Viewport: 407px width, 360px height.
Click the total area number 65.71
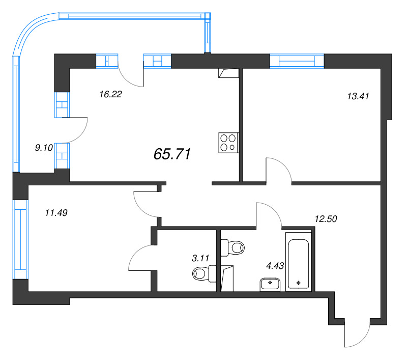[x=172, y=154]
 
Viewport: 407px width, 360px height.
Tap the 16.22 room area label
[x=110, y=94]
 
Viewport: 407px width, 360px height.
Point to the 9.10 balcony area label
[x=43, y=148]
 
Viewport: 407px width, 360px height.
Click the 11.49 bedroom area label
[x=56, y=213]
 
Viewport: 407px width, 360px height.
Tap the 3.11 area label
[x=201, y=258]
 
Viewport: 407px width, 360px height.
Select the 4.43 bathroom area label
[x=275, y=265]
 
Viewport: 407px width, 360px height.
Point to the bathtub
[x=298, y=262]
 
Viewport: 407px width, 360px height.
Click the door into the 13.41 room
[x=278, y=170]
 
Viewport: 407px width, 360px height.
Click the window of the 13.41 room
[x=297, y=61]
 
